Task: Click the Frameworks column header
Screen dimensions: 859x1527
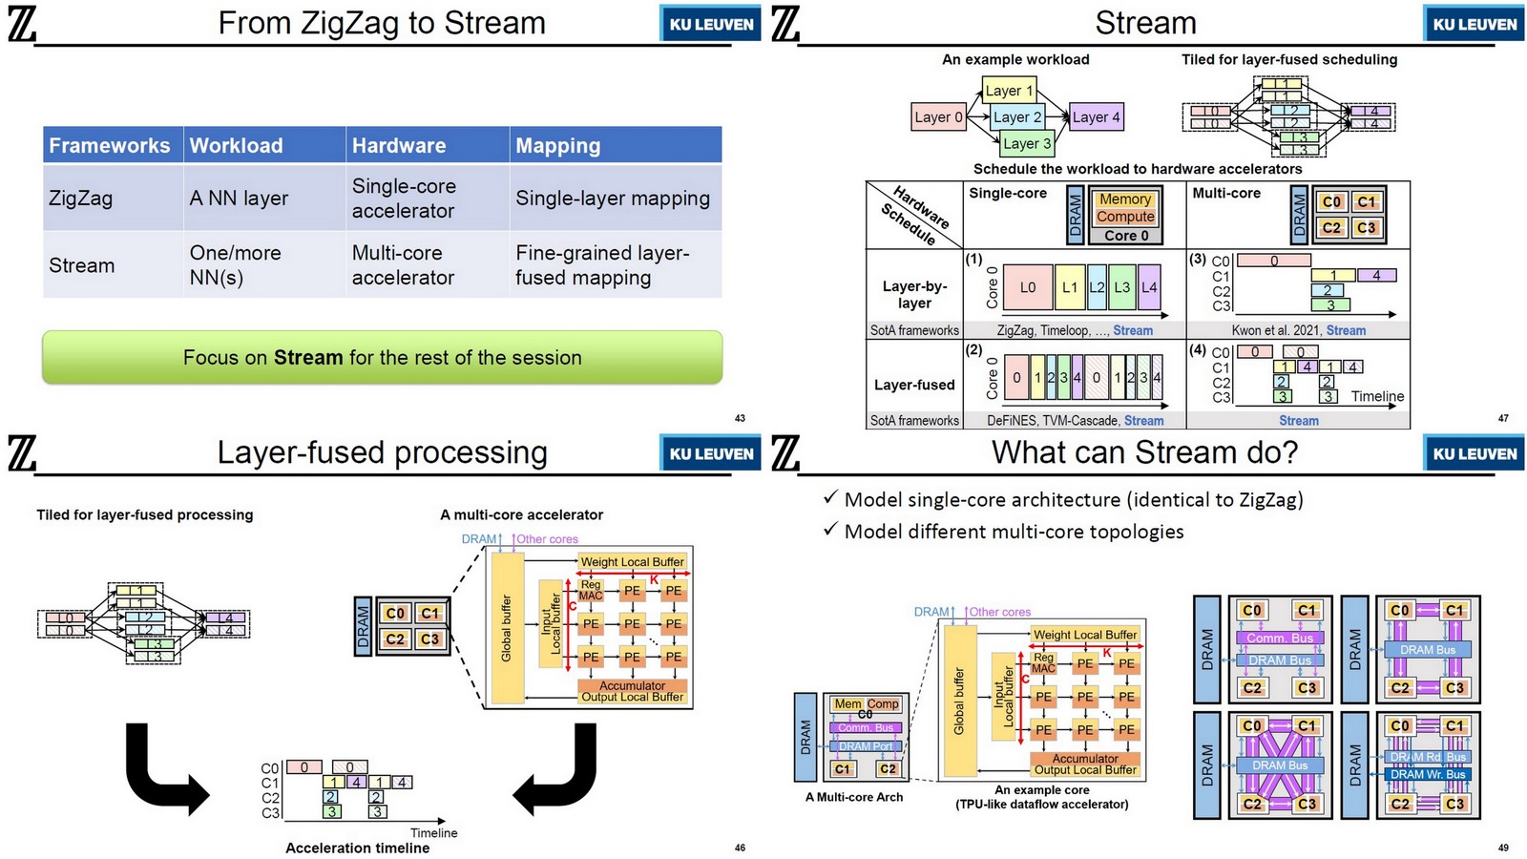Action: pyautogui.click(x=110, y=145)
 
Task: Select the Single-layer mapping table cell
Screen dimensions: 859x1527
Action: pyautogui.click(x=613, y=199)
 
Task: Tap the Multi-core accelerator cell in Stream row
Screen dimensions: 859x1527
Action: pyautogui.click(x=403, y=265)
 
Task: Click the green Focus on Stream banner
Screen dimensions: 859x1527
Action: pyautogui.click(x=382, y=357)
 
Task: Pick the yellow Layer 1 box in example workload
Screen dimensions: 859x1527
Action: pyautogui.click(x=1009, y=91)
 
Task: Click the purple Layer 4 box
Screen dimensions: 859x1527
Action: pyautogui.click(x=1096, y=116)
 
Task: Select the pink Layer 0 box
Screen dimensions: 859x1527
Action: pyautogui.click(x=939, y=116)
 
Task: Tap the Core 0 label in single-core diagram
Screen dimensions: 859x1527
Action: pyautogui.click(x=1126, y=235)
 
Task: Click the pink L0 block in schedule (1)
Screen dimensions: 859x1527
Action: pyautogui.click(x=1028, y=286)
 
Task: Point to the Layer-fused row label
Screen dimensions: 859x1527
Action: pyautogui.click(x=914, y=385)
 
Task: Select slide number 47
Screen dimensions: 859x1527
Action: pyautogui.click(x=1503, y=418)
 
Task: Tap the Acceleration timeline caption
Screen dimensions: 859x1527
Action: pyautogui.click(x=357, y=848)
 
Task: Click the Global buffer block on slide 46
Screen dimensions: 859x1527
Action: pyautogui.click(x=507, y=628)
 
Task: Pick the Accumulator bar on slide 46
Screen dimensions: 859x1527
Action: pyautogui.click(x=632, y=684)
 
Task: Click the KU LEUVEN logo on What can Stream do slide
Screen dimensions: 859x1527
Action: pyautogui.click(x=1474, y=453)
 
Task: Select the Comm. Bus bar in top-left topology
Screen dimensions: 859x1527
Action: pyautogui.click(x=1280, y=638)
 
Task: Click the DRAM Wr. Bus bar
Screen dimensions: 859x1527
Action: pyautogui.click(x=1427, y=774)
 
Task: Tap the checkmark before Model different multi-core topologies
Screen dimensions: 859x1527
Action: pyautogui.click(x=830, y=529)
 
